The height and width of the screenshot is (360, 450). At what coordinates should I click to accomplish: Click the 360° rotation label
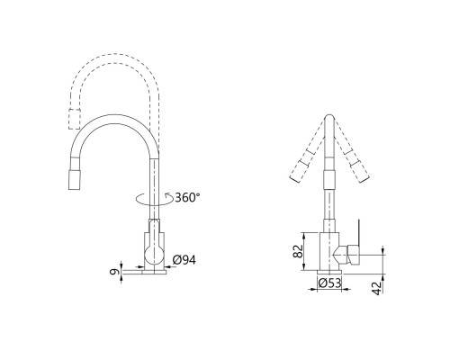click(x=187, y=197)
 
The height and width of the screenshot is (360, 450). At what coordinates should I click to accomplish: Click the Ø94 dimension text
click(x=184, y=260)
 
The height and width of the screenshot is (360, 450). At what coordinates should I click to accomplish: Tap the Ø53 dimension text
click(x=329, y=283)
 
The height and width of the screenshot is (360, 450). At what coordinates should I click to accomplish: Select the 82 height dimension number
click(x=298, y=251)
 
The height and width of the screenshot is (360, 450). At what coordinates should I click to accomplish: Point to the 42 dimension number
click(x=378, y=288)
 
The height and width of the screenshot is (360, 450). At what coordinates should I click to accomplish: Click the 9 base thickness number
click(x=114, y=272)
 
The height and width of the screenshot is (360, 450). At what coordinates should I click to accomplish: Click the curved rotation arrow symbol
click(x=154, y=199)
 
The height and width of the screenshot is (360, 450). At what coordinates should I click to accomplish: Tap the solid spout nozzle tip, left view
click(x=75, y=179)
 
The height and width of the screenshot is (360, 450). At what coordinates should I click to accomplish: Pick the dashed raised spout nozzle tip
click(x=75, y=119)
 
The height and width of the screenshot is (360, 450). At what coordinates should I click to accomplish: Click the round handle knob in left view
click(x=154, y=256)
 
